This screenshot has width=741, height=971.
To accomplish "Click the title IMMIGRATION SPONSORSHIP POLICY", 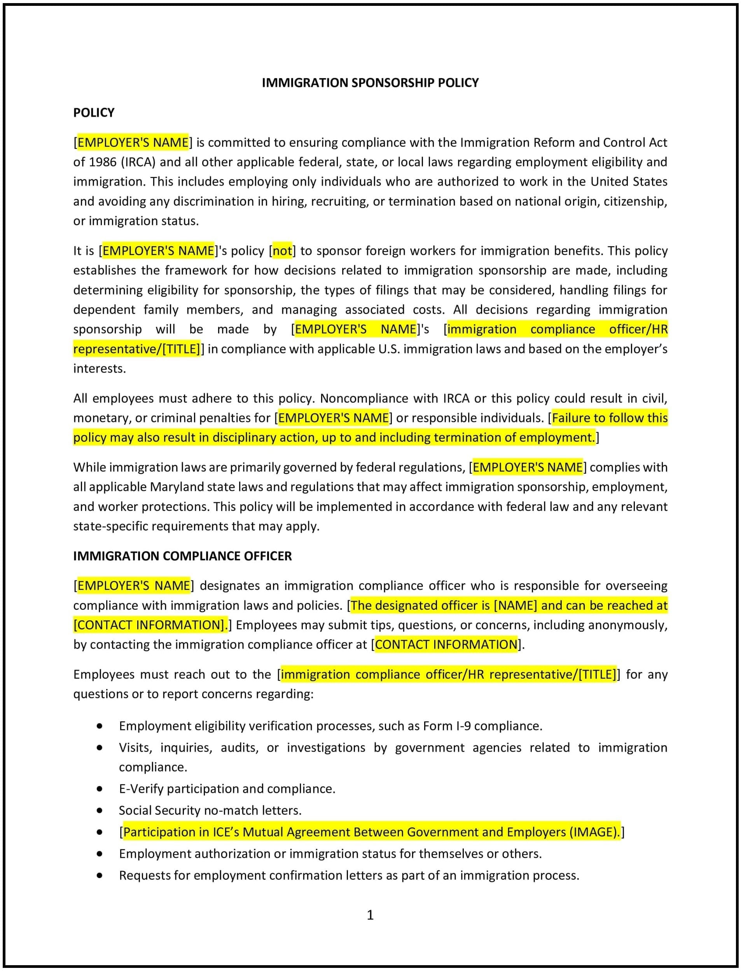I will pyautogui.click(x=370, y=83).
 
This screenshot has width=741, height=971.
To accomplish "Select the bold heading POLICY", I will pyautogui.click(x=94, y=113).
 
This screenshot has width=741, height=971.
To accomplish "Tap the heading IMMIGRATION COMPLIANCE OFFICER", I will pyautogui.click(x=182, y=556).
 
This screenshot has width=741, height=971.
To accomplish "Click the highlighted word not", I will pyautogui.click(x=282, y=251).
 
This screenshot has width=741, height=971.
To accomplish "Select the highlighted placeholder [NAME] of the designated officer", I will pyautogui.click(x=515, y=606).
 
